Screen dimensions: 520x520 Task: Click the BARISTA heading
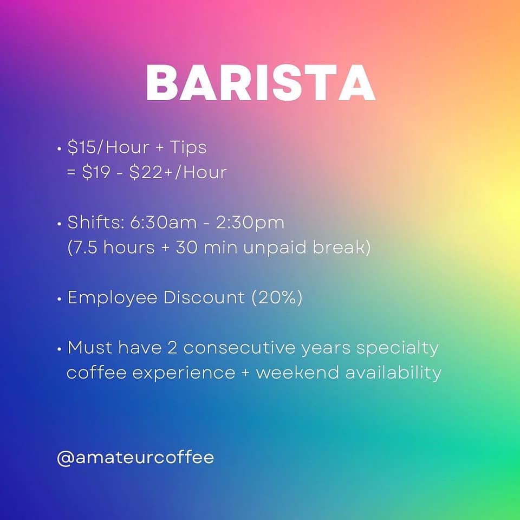[261, 83]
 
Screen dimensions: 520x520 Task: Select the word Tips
[188, 148]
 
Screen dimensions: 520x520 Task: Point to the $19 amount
[96, 172]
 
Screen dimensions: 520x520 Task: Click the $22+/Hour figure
[178, 172]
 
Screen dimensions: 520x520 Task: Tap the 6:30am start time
[163, 223]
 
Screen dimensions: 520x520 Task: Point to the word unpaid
[275, 248]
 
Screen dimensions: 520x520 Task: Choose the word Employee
[113, 298]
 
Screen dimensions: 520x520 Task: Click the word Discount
[204, 297]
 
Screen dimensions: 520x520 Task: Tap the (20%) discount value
[277, 297]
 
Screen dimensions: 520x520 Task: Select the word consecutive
[239, 348]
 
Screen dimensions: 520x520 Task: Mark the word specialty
[398, 348]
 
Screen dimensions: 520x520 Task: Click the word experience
[184, 373]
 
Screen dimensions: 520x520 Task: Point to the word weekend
[297, 373]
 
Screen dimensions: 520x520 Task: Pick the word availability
[393, 373]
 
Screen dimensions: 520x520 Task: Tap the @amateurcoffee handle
[135, 458]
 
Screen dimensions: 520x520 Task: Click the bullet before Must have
[60, 349]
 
